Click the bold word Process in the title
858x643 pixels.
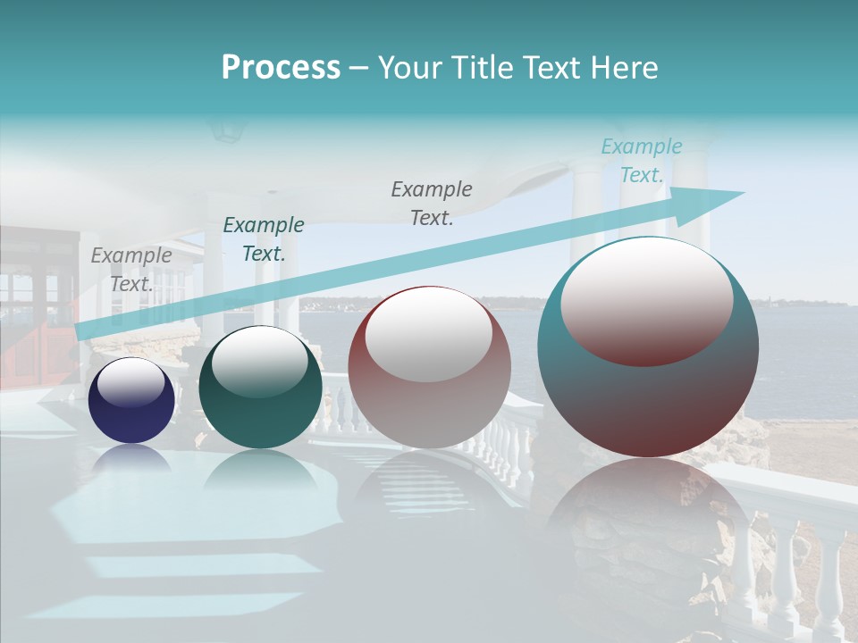(281, 68)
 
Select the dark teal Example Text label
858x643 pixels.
(263, 239)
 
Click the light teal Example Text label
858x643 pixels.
(641, 161)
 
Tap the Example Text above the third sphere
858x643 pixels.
(432, 204)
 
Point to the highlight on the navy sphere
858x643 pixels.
(132, 381)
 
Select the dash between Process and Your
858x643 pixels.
(359, 69)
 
